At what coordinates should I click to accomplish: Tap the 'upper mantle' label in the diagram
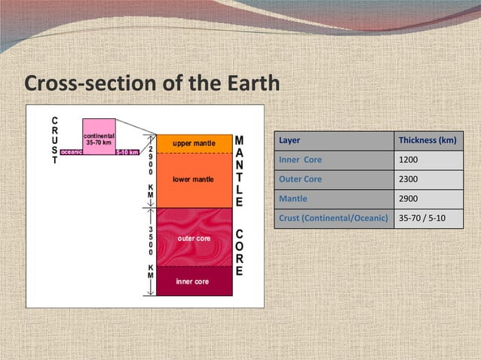pyautogui.click(x=194, y=143)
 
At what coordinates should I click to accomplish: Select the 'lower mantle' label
pyautogui.click(x=194, y=180)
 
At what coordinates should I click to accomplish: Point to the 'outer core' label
pyautogui.click(x=194, y=238)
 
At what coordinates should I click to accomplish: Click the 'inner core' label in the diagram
pyautogui.click(x=192, y=282)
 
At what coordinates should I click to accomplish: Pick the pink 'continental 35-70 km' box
pyautogui.click(x=99, y=136)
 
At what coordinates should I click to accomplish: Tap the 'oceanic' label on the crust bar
pyautogui.click(x=72, y=151)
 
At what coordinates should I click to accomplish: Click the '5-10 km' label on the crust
pyautogui.click(x=127, y=151)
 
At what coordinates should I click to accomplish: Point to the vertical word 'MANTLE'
pyautogui.click(x=238, y=171)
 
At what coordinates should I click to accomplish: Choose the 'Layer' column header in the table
pyautogui.click(x=290, y=141)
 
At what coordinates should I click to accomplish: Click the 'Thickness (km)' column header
pyautogui.click(x=427, y=141)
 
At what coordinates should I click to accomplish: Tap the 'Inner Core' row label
pyautogui.click(x=300, y=160)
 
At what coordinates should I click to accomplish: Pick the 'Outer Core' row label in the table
pyautogui.click(x=300, y=179)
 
